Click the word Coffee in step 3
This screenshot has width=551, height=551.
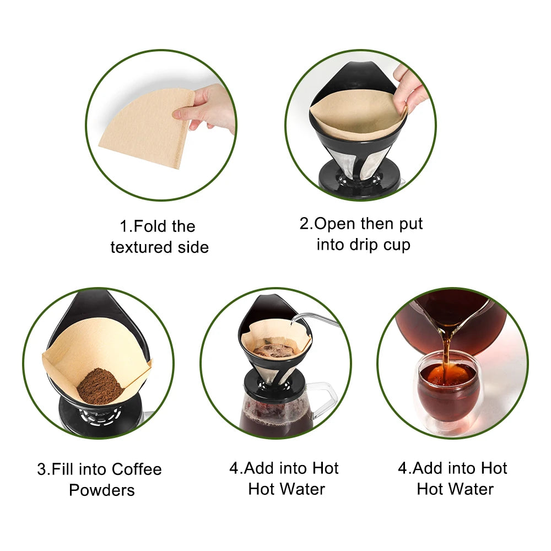(137, 469)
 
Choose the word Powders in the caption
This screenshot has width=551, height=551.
(102, 490)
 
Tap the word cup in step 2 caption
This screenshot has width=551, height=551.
(397, 245)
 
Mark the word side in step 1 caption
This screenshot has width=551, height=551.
(192, 247)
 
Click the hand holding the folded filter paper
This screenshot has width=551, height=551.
(207, 107)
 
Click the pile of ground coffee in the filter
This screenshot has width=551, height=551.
(100, 386)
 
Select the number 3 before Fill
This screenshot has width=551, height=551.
(42, 469)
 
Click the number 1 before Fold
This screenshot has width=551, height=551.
(124, 226)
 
